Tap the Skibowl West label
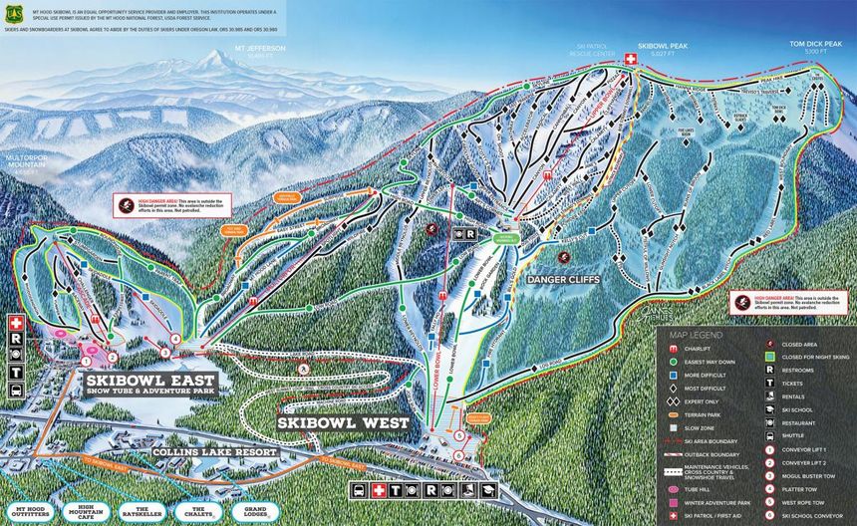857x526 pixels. click(x=343, y=422)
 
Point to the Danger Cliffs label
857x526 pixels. click(x=563, y=280)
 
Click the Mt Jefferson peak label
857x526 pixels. click(x=260, y=50)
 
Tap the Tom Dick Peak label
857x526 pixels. click(x=823, y=45)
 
